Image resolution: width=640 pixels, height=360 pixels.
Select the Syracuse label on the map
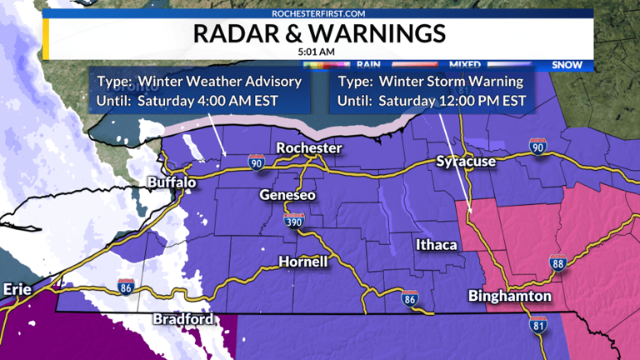[x=466, y=161]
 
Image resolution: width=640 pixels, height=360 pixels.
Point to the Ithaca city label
[x=437, y=244]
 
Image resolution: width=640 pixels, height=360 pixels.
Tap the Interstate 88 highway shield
[x=557, y=264]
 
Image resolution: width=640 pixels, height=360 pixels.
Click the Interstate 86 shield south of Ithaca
[x=409, y=299]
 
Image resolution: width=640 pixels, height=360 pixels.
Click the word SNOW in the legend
[x=566, y=64]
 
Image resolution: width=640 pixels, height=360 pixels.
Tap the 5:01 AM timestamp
[x=319, y=52]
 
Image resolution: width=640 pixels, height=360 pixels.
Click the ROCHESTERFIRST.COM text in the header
[x=319, y=13]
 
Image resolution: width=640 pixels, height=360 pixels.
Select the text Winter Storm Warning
[x=451, y=82]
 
